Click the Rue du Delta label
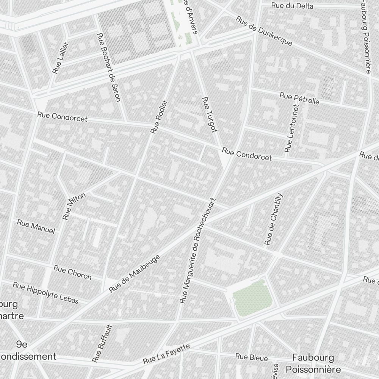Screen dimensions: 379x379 (292, 6)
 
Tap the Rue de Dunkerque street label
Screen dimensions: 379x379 (264, 31)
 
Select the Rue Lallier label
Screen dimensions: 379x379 (61, 58)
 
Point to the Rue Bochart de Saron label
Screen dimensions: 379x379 (109, 67)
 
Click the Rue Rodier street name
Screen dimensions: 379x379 (159, 117)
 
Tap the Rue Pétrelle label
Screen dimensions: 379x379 (299, 98)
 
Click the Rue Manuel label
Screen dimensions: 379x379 (36, 226)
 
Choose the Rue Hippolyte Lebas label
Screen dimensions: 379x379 (45, 293)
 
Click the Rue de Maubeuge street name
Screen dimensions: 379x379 (135, 273)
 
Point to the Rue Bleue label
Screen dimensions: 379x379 (251, 357)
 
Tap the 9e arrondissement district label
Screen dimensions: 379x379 (27, 350)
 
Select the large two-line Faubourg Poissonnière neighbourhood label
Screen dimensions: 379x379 (313, 363)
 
